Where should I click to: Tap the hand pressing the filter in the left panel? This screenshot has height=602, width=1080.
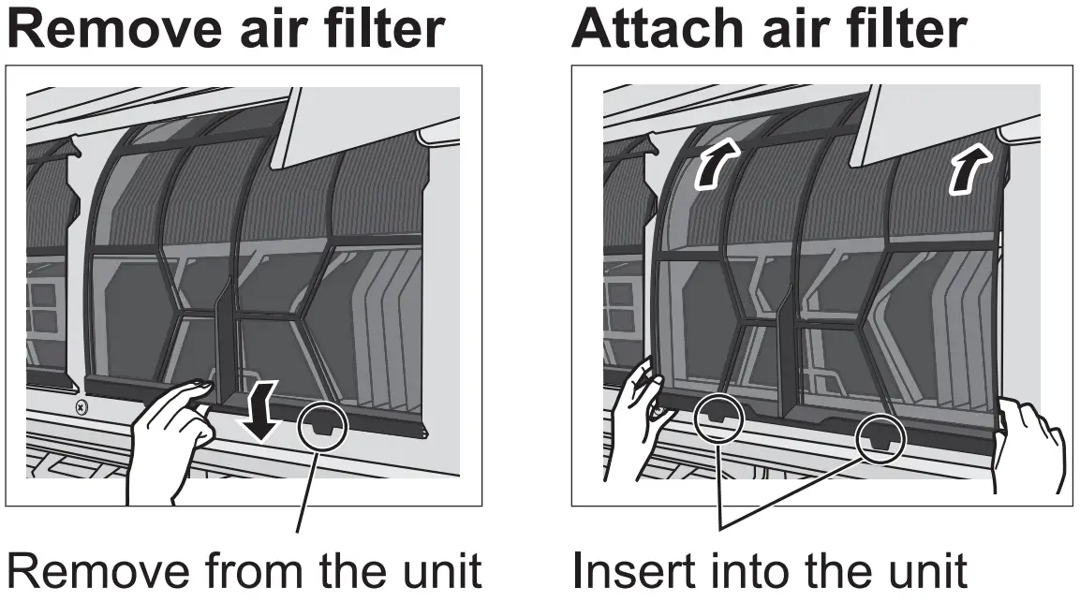click(173, 431)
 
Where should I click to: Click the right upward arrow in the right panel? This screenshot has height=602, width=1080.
click(965, 170)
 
